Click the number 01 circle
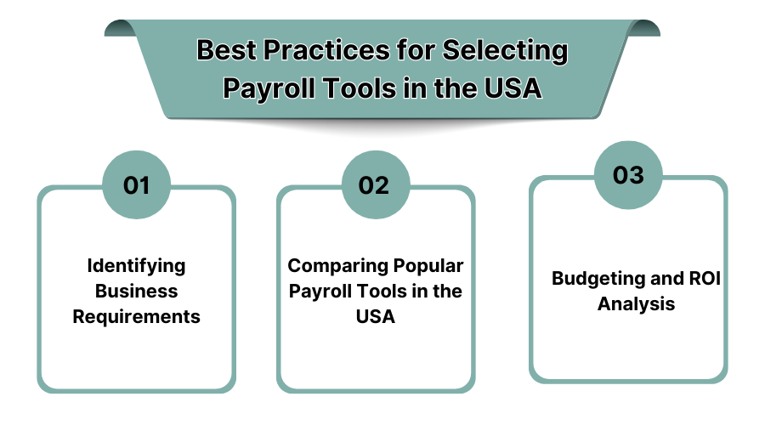tap(136, 184)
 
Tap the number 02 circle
tap(375, 184)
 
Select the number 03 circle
tap(628, 174)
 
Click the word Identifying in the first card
tap(136, 265)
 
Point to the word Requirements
tap(136, 317)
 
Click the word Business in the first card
tap(136, 291)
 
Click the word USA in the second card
tap(375, 317)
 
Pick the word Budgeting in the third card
tap(592, 278)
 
